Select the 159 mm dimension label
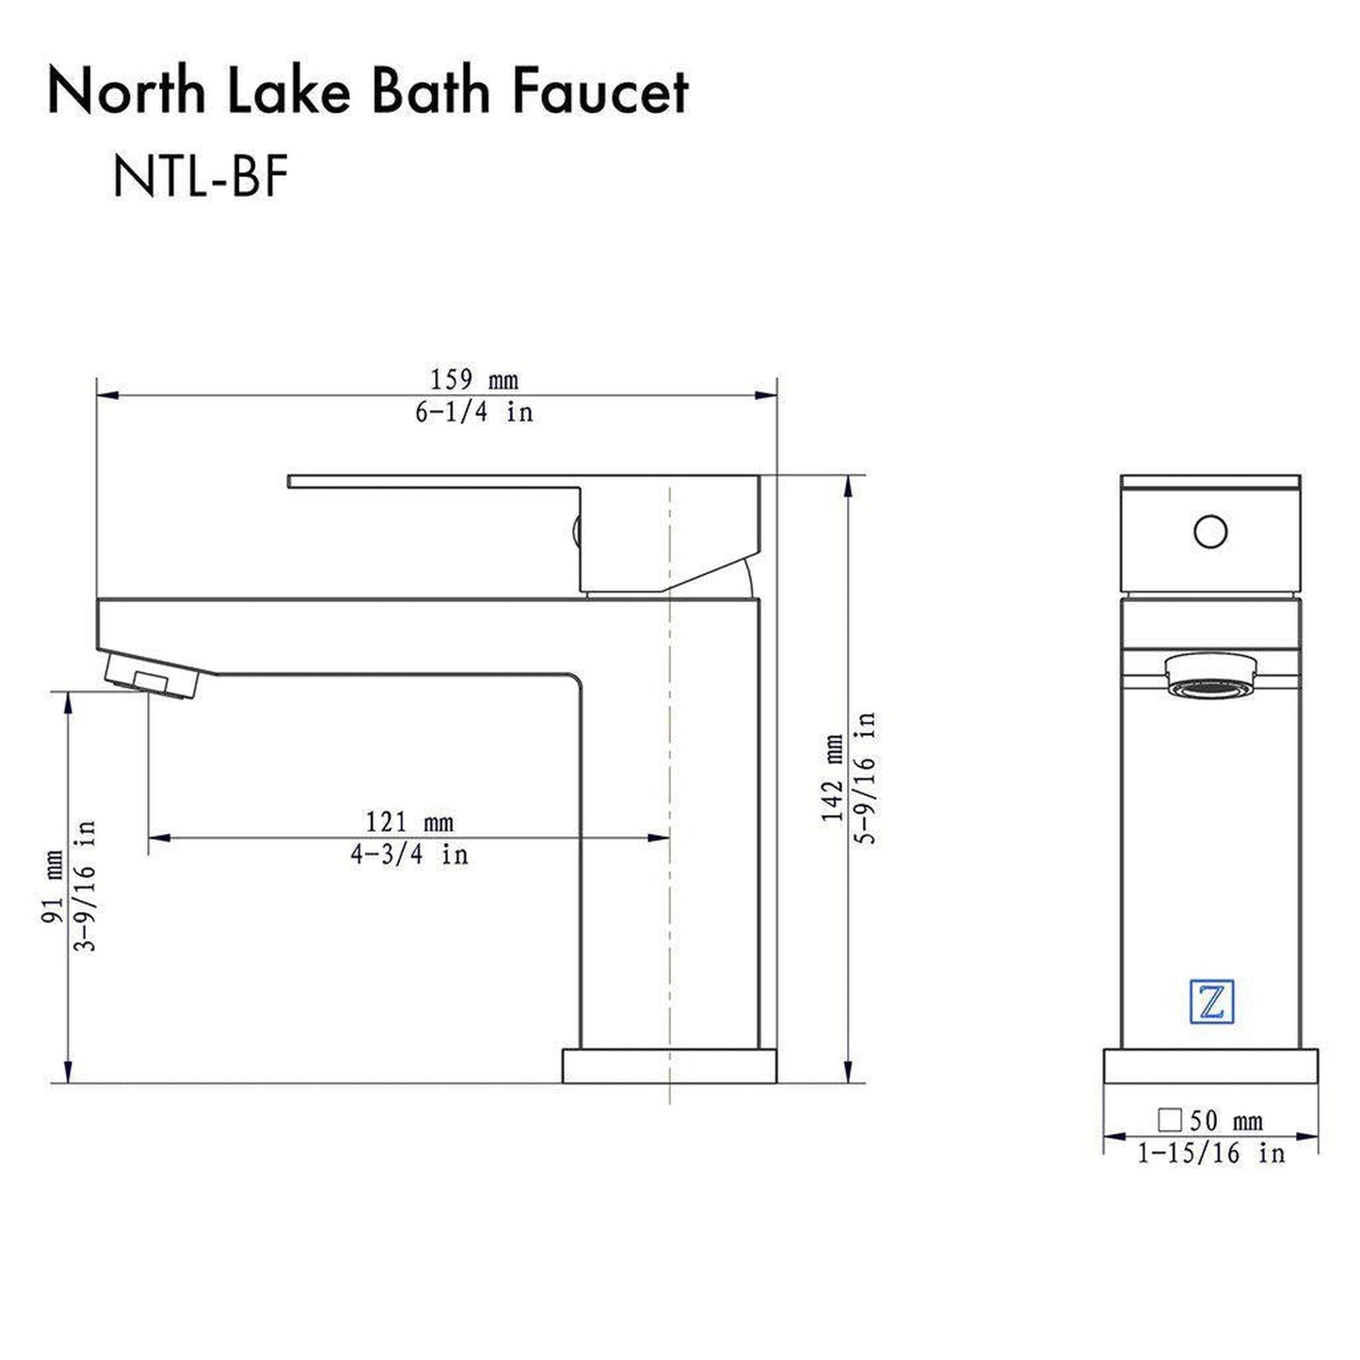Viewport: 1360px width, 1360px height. pyautogui.click(x=474, y=380)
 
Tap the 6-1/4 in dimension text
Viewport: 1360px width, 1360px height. pyautogui.click(x=474, y=412)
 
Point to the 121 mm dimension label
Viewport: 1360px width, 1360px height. pyautogui.click(x=409, y=823)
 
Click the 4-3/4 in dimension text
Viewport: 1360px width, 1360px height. pyautogui.click(x=409, y=855)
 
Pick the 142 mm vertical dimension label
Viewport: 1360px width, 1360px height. pyautogui.click(x=834, y=777)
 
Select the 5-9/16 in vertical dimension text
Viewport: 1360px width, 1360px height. pyautogui.click(x=865, y=777)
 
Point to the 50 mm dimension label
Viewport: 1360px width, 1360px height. pyautogui.click(x=1225, y=1121)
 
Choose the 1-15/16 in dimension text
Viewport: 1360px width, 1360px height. pyautogui.click(x=1210, y=1153)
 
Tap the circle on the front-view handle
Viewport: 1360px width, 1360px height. pyautogui.click(x=1210, y=532)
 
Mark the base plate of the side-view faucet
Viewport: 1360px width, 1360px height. pyautogui.click(x=669, y=1065)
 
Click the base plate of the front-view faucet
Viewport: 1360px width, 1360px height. pyautogui.click(x=1210, y=1065)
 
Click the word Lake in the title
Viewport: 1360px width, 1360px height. pyautogui.click(x=291, y=92)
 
